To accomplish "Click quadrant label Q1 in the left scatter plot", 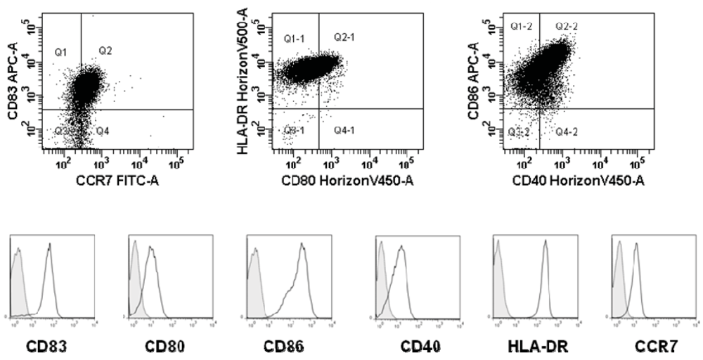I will [x=61, y=51].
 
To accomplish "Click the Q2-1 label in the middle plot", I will [x=344, y=37].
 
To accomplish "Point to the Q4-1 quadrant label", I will [x=344, y=131].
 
